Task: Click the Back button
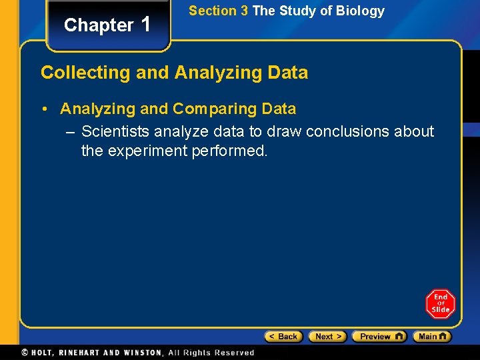(x=283, y=337)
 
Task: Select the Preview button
(x=379, y=337)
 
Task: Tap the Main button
(x=431, y=337)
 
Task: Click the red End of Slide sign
(x=440, y=304)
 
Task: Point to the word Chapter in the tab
(x=99, y=25)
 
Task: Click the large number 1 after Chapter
(x=146, y=24)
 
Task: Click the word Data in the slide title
(x=288, y=73)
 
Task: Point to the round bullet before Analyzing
(x=49, y=109)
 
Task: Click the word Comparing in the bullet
(x=213, y=109)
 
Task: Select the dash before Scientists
(x=71, y=132)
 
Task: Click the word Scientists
(x=116, y=132)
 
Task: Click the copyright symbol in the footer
(x=25, y=353)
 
